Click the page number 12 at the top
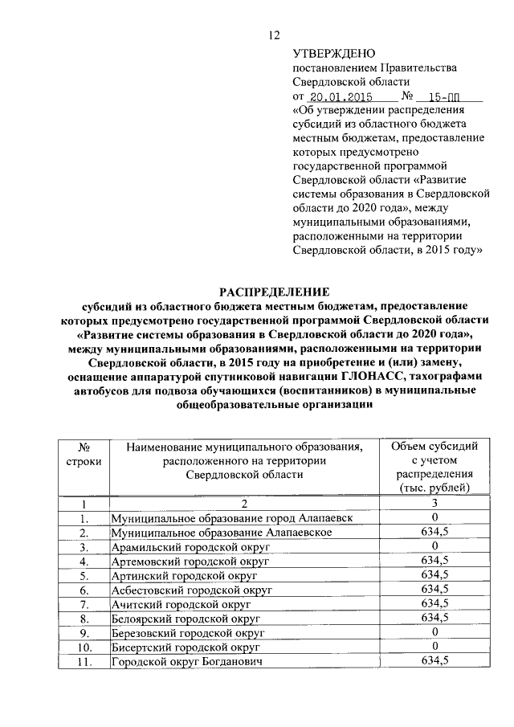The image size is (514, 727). (274, 35)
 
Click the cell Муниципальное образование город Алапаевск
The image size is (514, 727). (231, 518)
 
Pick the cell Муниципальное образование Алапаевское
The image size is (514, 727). (222, 533)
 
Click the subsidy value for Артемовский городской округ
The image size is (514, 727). (434, 561)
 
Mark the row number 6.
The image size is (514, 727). (82, 590)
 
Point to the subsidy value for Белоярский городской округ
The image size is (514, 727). (434, 618)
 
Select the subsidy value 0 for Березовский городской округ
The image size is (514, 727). (434, 632)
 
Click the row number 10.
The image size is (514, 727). (82, 647)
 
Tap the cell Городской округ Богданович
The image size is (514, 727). (188, 661)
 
